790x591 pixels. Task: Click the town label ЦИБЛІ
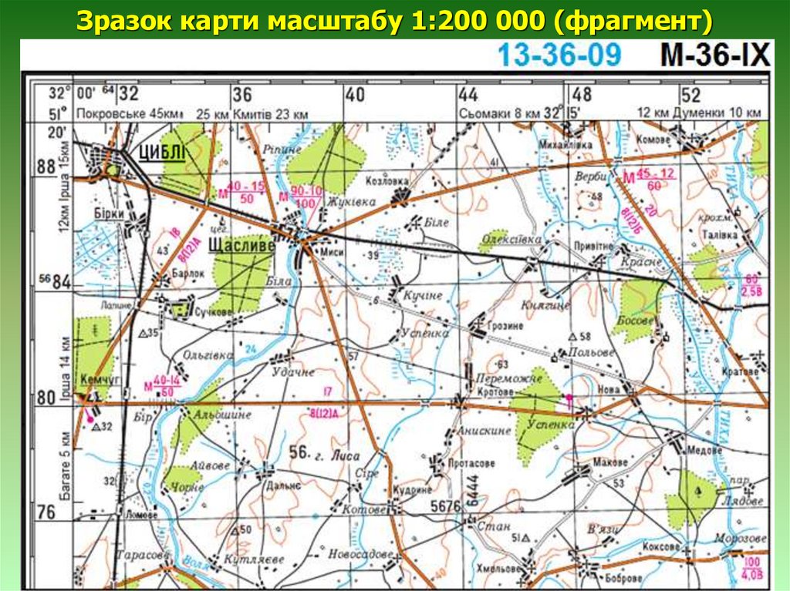pyautogui.click(x=162, y=153)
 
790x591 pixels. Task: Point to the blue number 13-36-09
pyautogui.click(x=559, y=55)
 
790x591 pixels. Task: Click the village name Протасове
pyautogui.click(x=471, y=464)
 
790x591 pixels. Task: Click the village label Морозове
pyautogui.click(x=741, y=538)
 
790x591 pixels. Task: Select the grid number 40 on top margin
pyautogui.click(x=354, y=95)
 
